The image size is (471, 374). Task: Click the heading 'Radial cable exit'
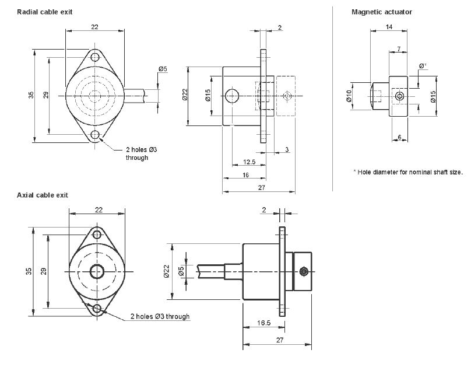(44, 12)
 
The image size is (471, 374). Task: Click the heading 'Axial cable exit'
(43, 195)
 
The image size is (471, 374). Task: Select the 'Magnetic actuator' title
(382, 12)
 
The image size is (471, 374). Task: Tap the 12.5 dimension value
(249, 162)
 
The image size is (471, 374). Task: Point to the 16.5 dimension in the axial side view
(263, 323)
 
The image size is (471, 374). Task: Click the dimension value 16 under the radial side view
(246, 175)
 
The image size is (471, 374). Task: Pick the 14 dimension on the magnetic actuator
(389, 27)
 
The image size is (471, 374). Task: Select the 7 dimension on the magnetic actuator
(399, 48)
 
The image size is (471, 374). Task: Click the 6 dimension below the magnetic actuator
(399, 137)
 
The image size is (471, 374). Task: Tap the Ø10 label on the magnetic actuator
(349, 96)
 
